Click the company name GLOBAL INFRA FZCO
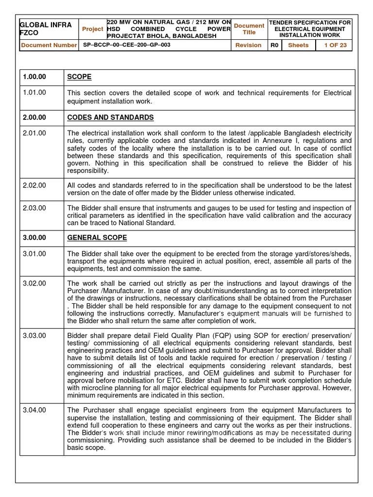45,29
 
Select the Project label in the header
92,29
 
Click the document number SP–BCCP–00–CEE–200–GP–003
125,45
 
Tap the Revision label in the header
249,45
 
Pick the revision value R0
274,45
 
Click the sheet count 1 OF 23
335,45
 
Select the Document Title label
249,29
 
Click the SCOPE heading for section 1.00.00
79,77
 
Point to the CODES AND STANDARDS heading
110,117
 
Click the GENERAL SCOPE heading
97,238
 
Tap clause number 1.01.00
34,93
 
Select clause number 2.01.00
34,133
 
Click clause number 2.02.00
34,186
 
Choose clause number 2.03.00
34,208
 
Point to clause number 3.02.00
34,283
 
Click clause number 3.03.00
34,335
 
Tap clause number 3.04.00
34,410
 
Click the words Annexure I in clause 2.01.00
285,141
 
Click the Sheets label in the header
298,45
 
